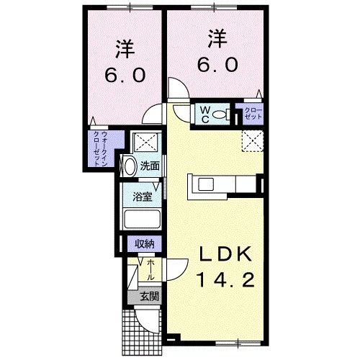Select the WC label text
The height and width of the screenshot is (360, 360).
(x=204, y=113)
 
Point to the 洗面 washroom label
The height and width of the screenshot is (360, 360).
(x=150, y=166)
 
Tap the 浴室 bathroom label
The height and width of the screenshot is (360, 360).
(x=142, y=194)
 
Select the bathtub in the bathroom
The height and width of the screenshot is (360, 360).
(x=141, y=219)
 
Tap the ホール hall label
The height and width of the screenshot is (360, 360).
(x=151, y=269)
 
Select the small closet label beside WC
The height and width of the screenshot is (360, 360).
(x=253, y=113)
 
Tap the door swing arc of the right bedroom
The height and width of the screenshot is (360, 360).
(x=177, y=91)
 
